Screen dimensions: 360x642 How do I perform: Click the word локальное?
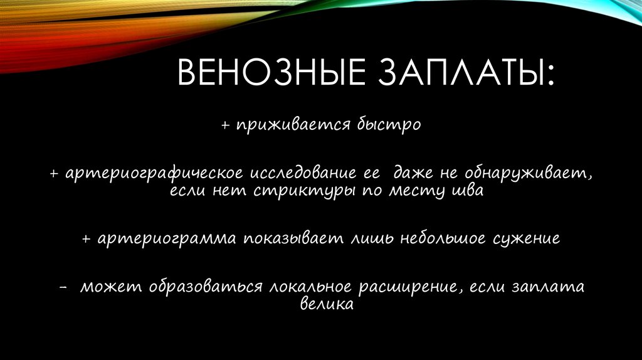(310, 287)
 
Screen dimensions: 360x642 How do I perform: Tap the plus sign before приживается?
(226, 125)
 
